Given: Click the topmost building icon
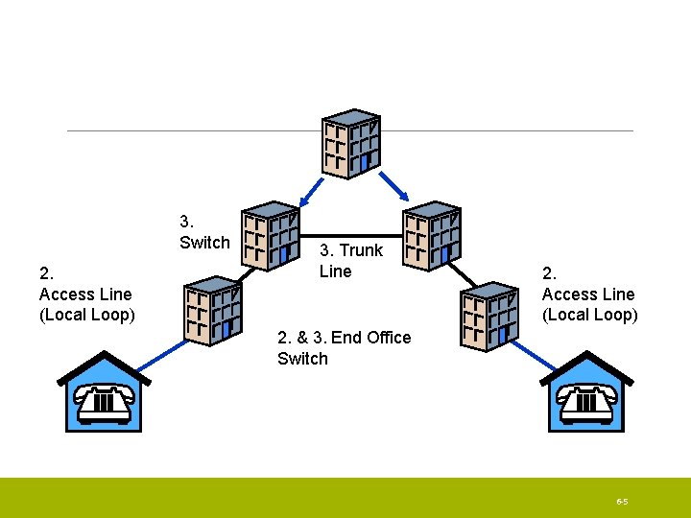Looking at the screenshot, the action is pos(351,144).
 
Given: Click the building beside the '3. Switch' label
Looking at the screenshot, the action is pos(271,236).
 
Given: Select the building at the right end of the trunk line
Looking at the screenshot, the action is pos(432,236).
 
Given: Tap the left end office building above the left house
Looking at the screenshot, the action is pos(213,311).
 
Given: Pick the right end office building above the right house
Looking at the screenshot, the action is pos(489,317).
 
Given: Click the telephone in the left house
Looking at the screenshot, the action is pos(104,405).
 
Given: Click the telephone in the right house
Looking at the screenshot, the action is pos(586,405).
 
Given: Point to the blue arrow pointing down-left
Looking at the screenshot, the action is pos(311,193).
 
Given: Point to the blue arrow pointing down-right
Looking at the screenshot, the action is pos(394,186).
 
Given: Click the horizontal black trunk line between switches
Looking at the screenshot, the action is pos(351,237).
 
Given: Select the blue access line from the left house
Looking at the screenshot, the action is pos(162,356).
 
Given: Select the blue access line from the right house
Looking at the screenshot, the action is pos(534,356).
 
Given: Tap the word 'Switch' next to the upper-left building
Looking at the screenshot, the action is pos(205,243).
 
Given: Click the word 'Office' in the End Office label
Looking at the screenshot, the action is pos(389,338).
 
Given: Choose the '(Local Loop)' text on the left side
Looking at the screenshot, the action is pos(86,315).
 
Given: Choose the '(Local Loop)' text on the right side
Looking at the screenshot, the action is pos(589,315).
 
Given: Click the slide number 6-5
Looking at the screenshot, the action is pos(622,502).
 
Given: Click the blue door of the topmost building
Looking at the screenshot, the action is pos(364,163).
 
